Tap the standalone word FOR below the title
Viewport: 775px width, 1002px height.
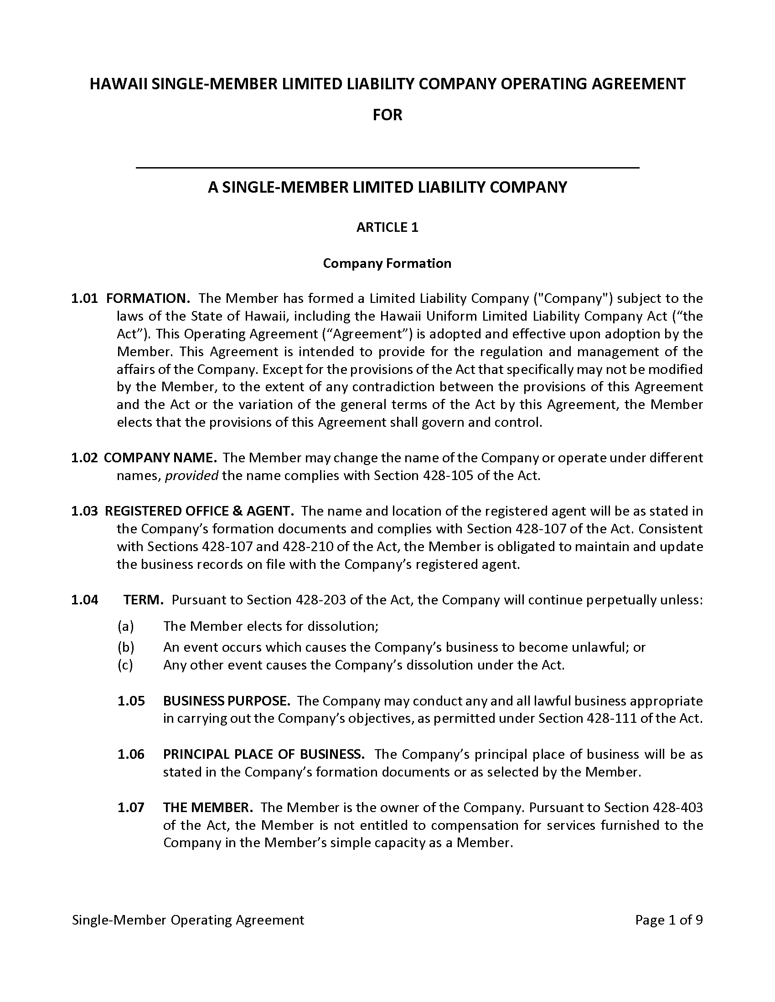387,115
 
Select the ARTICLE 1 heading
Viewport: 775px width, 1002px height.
387,228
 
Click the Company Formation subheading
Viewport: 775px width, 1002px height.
387,263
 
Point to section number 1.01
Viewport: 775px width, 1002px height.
84,299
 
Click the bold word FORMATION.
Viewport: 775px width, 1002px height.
148,299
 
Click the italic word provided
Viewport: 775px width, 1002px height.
191,476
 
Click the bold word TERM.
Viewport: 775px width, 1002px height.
143,600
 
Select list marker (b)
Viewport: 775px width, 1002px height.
125,647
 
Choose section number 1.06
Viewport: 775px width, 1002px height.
131,754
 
